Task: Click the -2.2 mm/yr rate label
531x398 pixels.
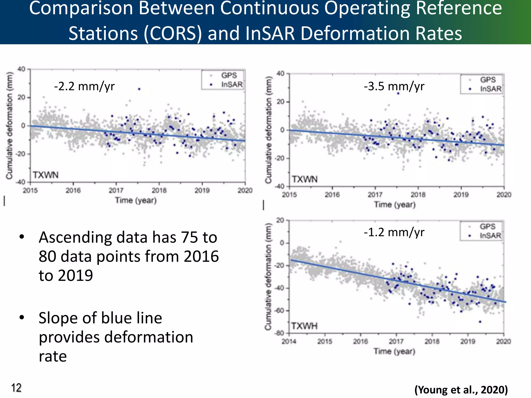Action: click(x=84, y=86)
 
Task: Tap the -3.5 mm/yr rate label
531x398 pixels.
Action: click(x=394, y=86)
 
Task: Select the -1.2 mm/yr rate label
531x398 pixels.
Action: click(x=394, y=232)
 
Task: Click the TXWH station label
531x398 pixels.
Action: click(x=304, y=326)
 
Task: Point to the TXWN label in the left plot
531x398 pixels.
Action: click(x=46, y=175)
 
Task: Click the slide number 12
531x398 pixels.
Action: click(x=16, y=388)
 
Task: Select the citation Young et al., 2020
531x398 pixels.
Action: click(x=461, y=390)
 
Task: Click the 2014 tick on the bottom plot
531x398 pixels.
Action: click(x=289, y=342)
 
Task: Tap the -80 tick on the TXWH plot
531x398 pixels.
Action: click(x=280, y=333)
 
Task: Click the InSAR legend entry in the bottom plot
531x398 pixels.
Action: click(x=490, y=236)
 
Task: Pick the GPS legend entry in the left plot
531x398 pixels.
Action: click(x=229, y=75)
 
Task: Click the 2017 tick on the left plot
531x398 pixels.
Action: click(x=116, y=190)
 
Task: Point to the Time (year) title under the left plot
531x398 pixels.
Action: click(x=136, y=200)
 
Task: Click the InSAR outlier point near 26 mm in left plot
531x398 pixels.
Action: click(x=139, y=89)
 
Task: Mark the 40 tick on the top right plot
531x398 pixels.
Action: click(x=281, y=74)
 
